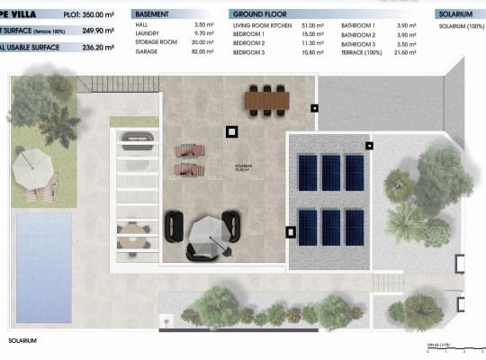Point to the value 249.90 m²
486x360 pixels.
(94, 31)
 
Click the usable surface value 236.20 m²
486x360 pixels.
(94, 46)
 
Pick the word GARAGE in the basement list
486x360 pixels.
(147, 52)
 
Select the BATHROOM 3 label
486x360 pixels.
(359, 43)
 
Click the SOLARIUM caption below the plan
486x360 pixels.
(23, 341)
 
